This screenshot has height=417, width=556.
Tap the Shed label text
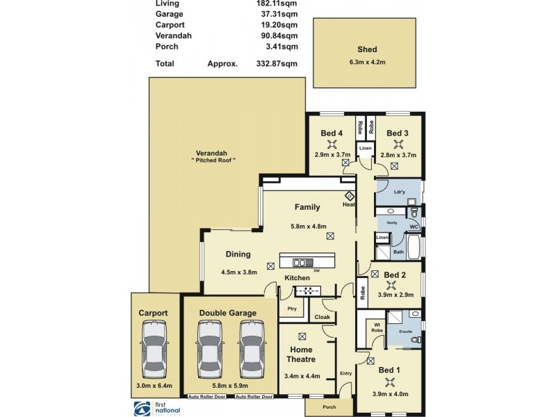367,49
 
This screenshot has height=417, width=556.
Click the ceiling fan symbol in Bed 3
398,145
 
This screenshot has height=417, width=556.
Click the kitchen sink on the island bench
303,263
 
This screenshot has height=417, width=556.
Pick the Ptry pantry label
291,308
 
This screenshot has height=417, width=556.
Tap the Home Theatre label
301,354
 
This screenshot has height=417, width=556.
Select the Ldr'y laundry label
399,191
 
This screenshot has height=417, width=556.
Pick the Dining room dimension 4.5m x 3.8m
239,272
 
